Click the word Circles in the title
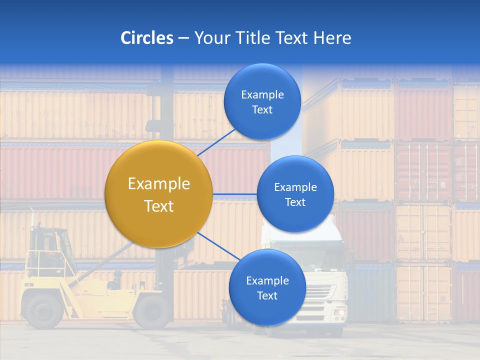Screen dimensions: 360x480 pyautogui.click(x=146, y=38)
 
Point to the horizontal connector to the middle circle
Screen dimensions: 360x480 pyautogui.click(x=234, y=194)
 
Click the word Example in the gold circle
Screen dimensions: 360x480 pyautogui.click(x=158, y=184)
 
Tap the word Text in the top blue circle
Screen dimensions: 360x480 pyautogui.click(x=262, y=110)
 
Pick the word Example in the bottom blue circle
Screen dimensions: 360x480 pyautogui.click(x=267, y=281)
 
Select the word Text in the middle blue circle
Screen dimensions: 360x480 pyautogui.click(x=295, y=202)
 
